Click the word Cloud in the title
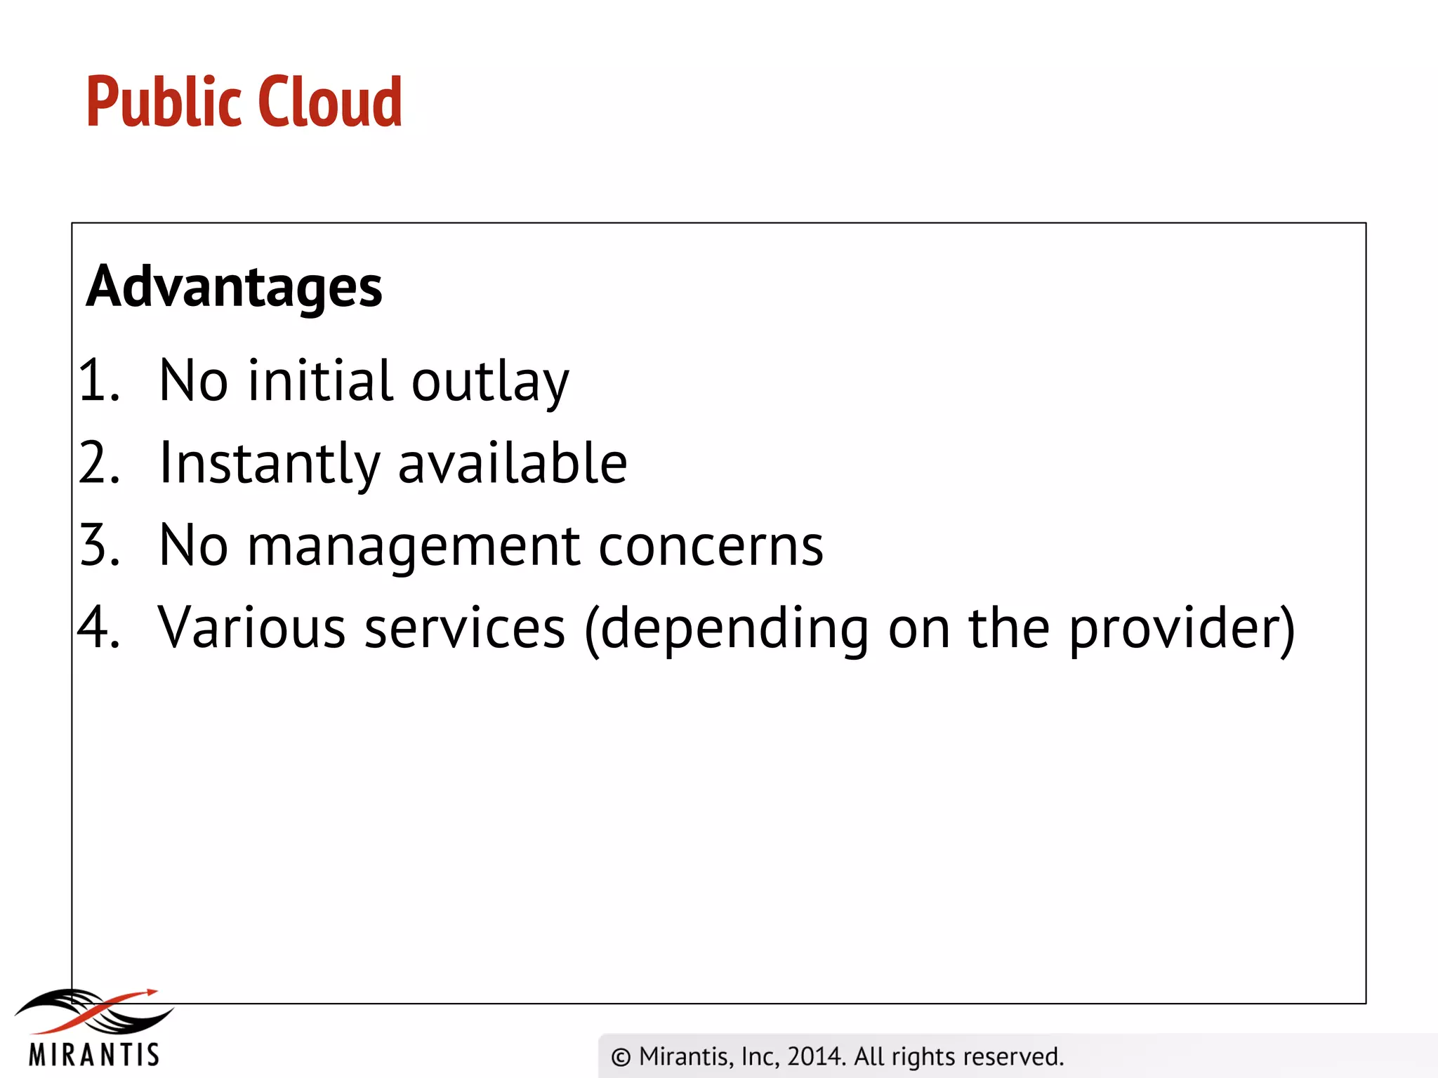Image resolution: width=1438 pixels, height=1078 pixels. (x=330, y=102)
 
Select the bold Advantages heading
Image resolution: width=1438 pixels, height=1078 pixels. (x=234, y=287)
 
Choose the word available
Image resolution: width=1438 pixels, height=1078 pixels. (x=513, y=463)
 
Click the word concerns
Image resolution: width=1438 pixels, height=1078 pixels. (x=711, y=547)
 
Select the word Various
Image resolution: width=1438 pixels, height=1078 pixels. (x=251, y=627)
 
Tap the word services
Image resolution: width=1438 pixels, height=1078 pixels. (x=465, y=627)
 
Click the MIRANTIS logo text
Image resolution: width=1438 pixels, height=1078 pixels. (x=94, y=1055)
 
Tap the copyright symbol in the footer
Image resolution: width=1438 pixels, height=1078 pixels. (x=621, y=1057)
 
